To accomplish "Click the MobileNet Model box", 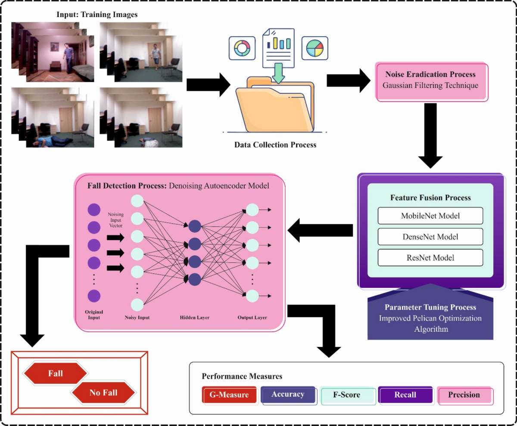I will point(430,216).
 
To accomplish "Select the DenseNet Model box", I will point(430,237).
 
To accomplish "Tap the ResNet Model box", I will point(430,258).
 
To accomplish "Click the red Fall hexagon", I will point(56,373).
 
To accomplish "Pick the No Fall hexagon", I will point(103,392).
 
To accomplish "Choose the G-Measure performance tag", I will point(230,395).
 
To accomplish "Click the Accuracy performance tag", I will point(288,394).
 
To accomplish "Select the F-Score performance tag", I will point(346,395).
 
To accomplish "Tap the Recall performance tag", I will point(405,394).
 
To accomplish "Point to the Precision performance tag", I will point(464,395).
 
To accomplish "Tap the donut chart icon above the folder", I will point(240,48).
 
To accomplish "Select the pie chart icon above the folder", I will point(314,48).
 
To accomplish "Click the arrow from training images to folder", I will point(209,84).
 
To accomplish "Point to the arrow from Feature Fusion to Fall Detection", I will point(320,233).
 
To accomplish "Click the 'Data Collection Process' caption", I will point(275,145).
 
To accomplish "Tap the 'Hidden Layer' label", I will point(194,318).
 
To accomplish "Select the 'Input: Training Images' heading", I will point(97,15).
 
